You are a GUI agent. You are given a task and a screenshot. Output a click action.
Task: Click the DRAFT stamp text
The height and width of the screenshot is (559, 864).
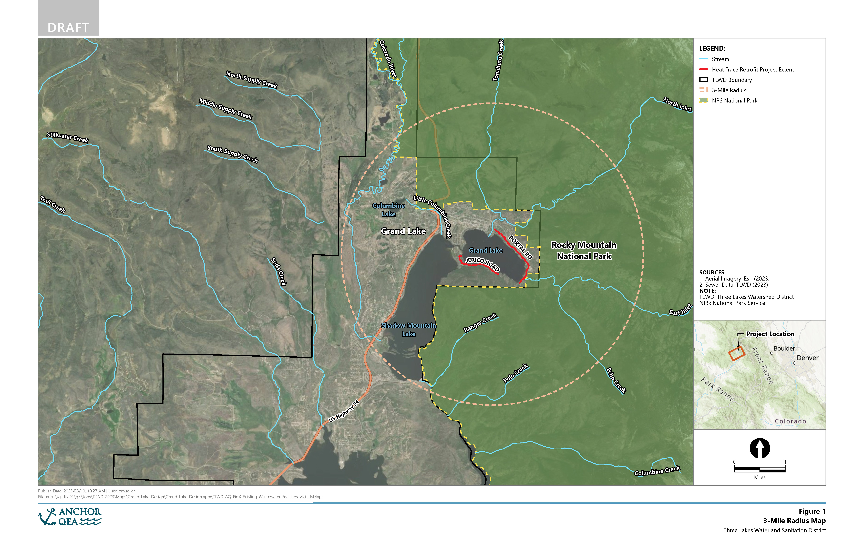pos(68,28)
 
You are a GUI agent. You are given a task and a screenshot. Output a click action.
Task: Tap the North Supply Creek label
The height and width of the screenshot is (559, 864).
pos(252,79)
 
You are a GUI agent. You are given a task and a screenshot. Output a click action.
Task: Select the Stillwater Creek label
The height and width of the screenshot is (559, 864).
pos(68,137)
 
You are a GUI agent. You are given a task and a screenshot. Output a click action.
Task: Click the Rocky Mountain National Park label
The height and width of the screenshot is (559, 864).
pos(584,251)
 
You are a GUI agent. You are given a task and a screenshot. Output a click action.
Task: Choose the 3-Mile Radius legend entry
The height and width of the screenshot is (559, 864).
pos(729,90)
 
